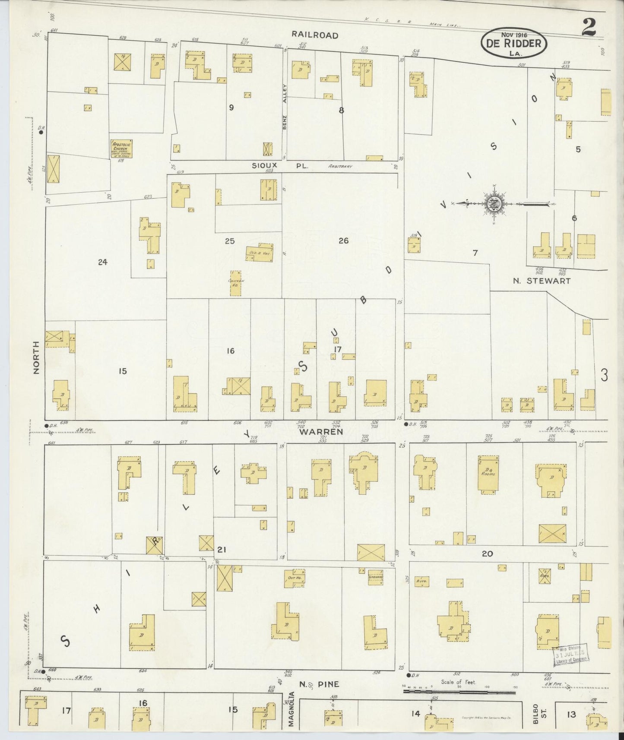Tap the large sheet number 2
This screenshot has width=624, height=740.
(589, 28)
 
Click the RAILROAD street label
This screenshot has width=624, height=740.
(314, 35)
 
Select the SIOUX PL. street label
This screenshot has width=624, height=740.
(280, 165)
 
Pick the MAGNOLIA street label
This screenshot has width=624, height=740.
(292, 715)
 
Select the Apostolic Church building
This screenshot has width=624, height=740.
(121, 149)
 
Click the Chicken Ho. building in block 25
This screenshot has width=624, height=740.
(236, 283)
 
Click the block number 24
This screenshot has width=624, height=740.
(102, 262)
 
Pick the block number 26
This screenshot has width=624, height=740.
(343, 241)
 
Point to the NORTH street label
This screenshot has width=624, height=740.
(36, 357)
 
